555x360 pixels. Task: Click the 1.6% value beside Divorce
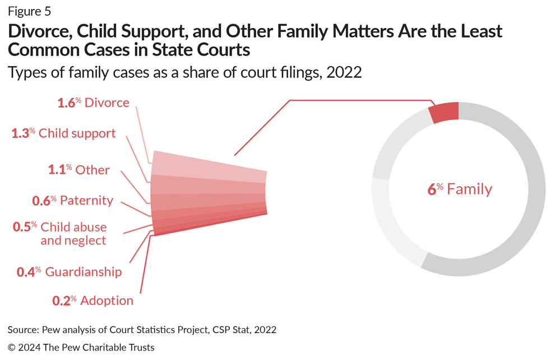pos(69,103)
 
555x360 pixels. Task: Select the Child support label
pos(77,133)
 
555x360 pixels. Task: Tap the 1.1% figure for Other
pos(58,170)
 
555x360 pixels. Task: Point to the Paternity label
pos(86,200)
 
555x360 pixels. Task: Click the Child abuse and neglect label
pos(73,234)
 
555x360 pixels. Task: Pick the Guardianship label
pos(83,272)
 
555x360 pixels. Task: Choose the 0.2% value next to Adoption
pos(64,301)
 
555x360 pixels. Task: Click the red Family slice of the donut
pos(444,112)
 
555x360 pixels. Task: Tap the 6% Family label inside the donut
pos(460,189)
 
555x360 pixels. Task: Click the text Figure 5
pos(33,11)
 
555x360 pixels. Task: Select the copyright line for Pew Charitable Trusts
pos(81,348)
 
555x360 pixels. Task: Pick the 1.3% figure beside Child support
pos(23,133)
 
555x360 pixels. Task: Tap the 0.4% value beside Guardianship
pos(28,272)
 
